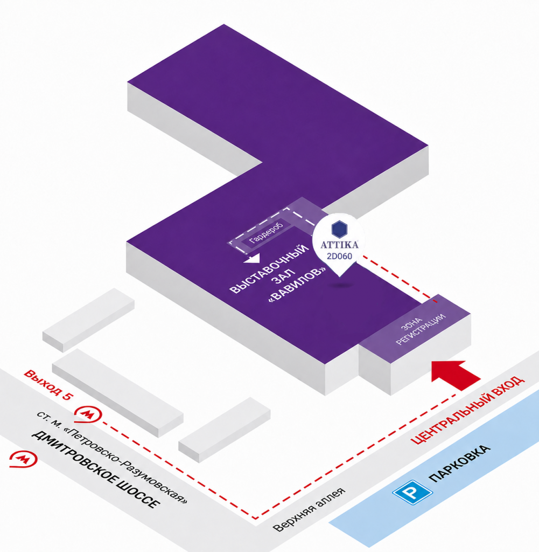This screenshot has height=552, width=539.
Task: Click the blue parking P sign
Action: click(x=412, y=492)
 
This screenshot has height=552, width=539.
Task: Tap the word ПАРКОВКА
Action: click(x=459, y=463)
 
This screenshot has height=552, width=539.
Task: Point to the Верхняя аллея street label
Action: click(x=309, y=509)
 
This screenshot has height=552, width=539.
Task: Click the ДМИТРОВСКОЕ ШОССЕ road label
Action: click(x=95, y=470)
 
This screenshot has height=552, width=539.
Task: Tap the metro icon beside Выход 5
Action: click(x=88, y=415)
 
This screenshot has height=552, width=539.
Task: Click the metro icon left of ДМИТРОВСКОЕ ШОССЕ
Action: click(x=23, y=459)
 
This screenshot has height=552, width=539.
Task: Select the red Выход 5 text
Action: click(x=48, y=385)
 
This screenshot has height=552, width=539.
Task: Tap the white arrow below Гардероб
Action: click(x=252, y=258)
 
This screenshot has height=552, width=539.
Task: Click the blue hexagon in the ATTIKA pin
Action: click(x=339, y=229)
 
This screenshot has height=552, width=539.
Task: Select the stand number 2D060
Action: click(x=339, y=256)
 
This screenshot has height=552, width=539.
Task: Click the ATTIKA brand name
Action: click(x=339, y=245)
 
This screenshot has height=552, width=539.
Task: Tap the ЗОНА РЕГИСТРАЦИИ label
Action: click(x=421, y=329)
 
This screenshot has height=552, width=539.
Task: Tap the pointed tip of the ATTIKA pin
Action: click(x=339, y=277)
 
